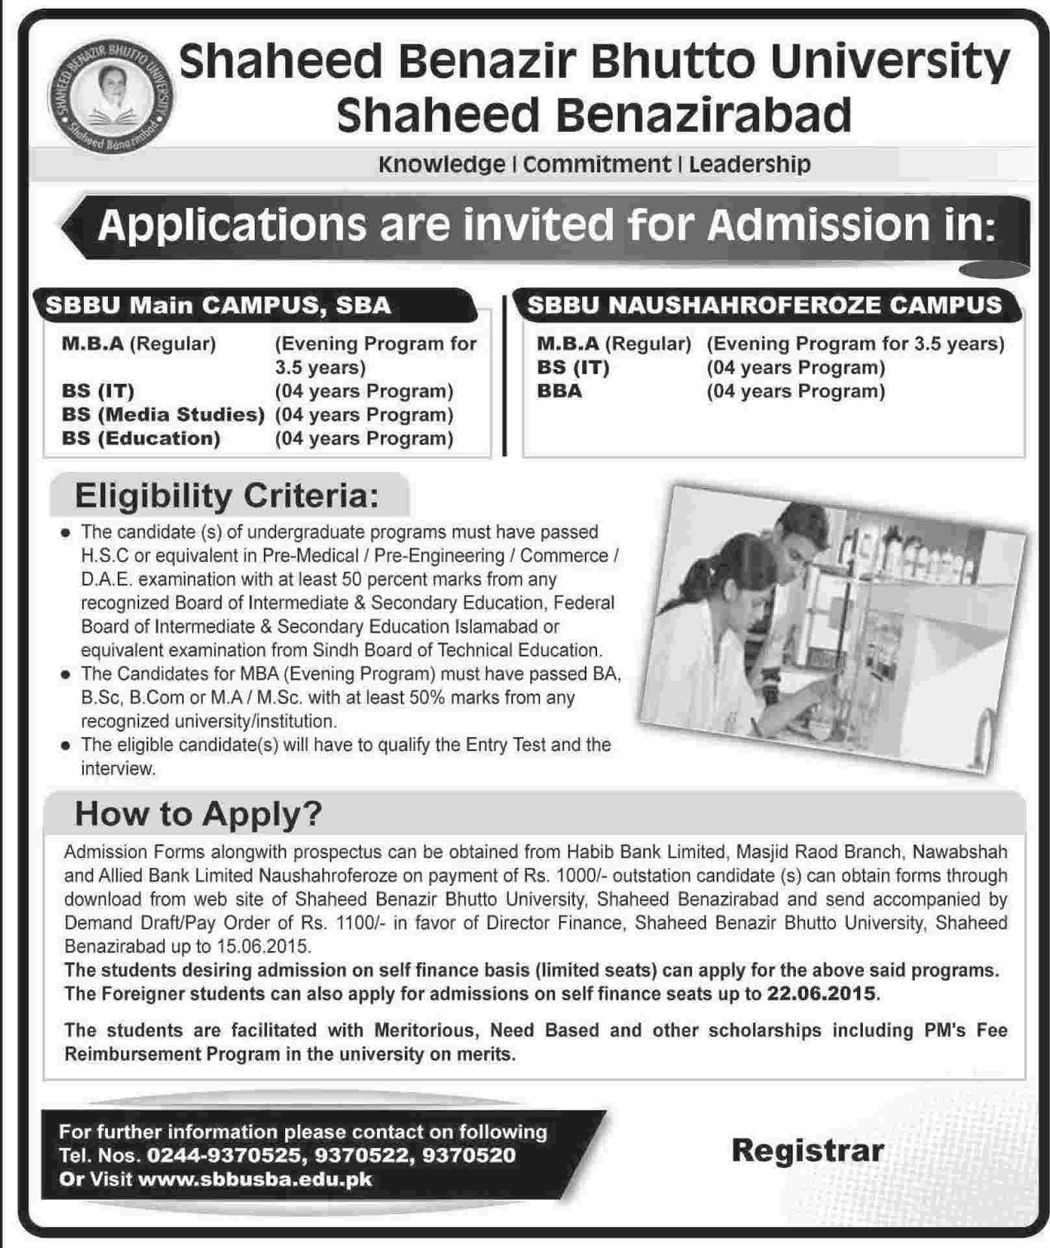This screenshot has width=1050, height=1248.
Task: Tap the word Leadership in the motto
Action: click(x=749, y=164)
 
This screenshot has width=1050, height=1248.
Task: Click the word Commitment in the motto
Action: click(x=596, y=164)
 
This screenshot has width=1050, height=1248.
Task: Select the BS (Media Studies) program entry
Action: click(x=163, y=414)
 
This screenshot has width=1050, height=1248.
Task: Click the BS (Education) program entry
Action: click(x=141, y=439)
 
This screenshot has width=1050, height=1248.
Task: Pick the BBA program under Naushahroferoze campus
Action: click(x=559, y=391)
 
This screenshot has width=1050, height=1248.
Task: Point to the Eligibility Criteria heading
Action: click(x=226, y=496)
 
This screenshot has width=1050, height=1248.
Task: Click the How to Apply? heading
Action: click(x=198, y=814)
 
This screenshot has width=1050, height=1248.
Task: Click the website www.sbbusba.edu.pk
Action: click(x=255, y=1179)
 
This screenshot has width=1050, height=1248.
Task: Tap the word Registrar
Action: click(x=808, y=1151)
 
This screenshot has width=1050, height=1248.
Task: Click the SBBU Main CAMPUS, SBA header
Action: click(x=218, y=305)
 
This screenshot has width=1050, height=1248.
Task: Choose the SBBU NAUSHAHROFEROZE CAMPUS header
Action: click(x=765, y=305)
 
